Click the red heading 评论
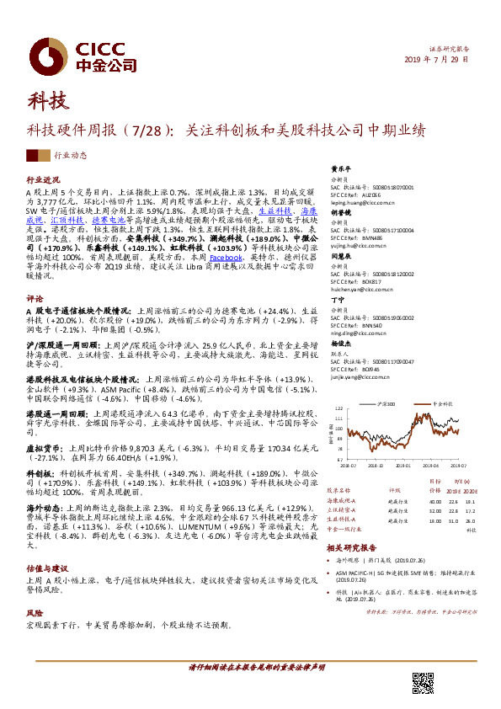35,299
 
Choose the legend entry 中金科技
443,405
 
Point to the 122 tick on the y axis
339,413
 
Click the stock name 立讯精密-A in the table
348,509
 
